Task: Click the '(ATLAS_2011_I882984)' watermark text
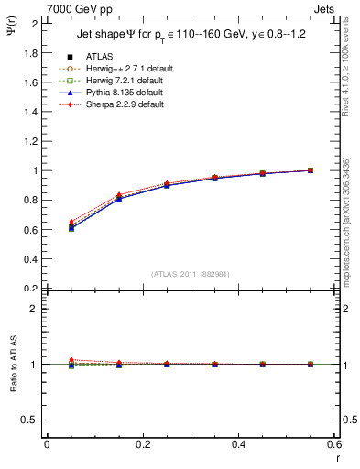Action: [191, 274]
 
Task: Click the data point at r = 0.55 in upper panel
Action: [310, 170]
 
